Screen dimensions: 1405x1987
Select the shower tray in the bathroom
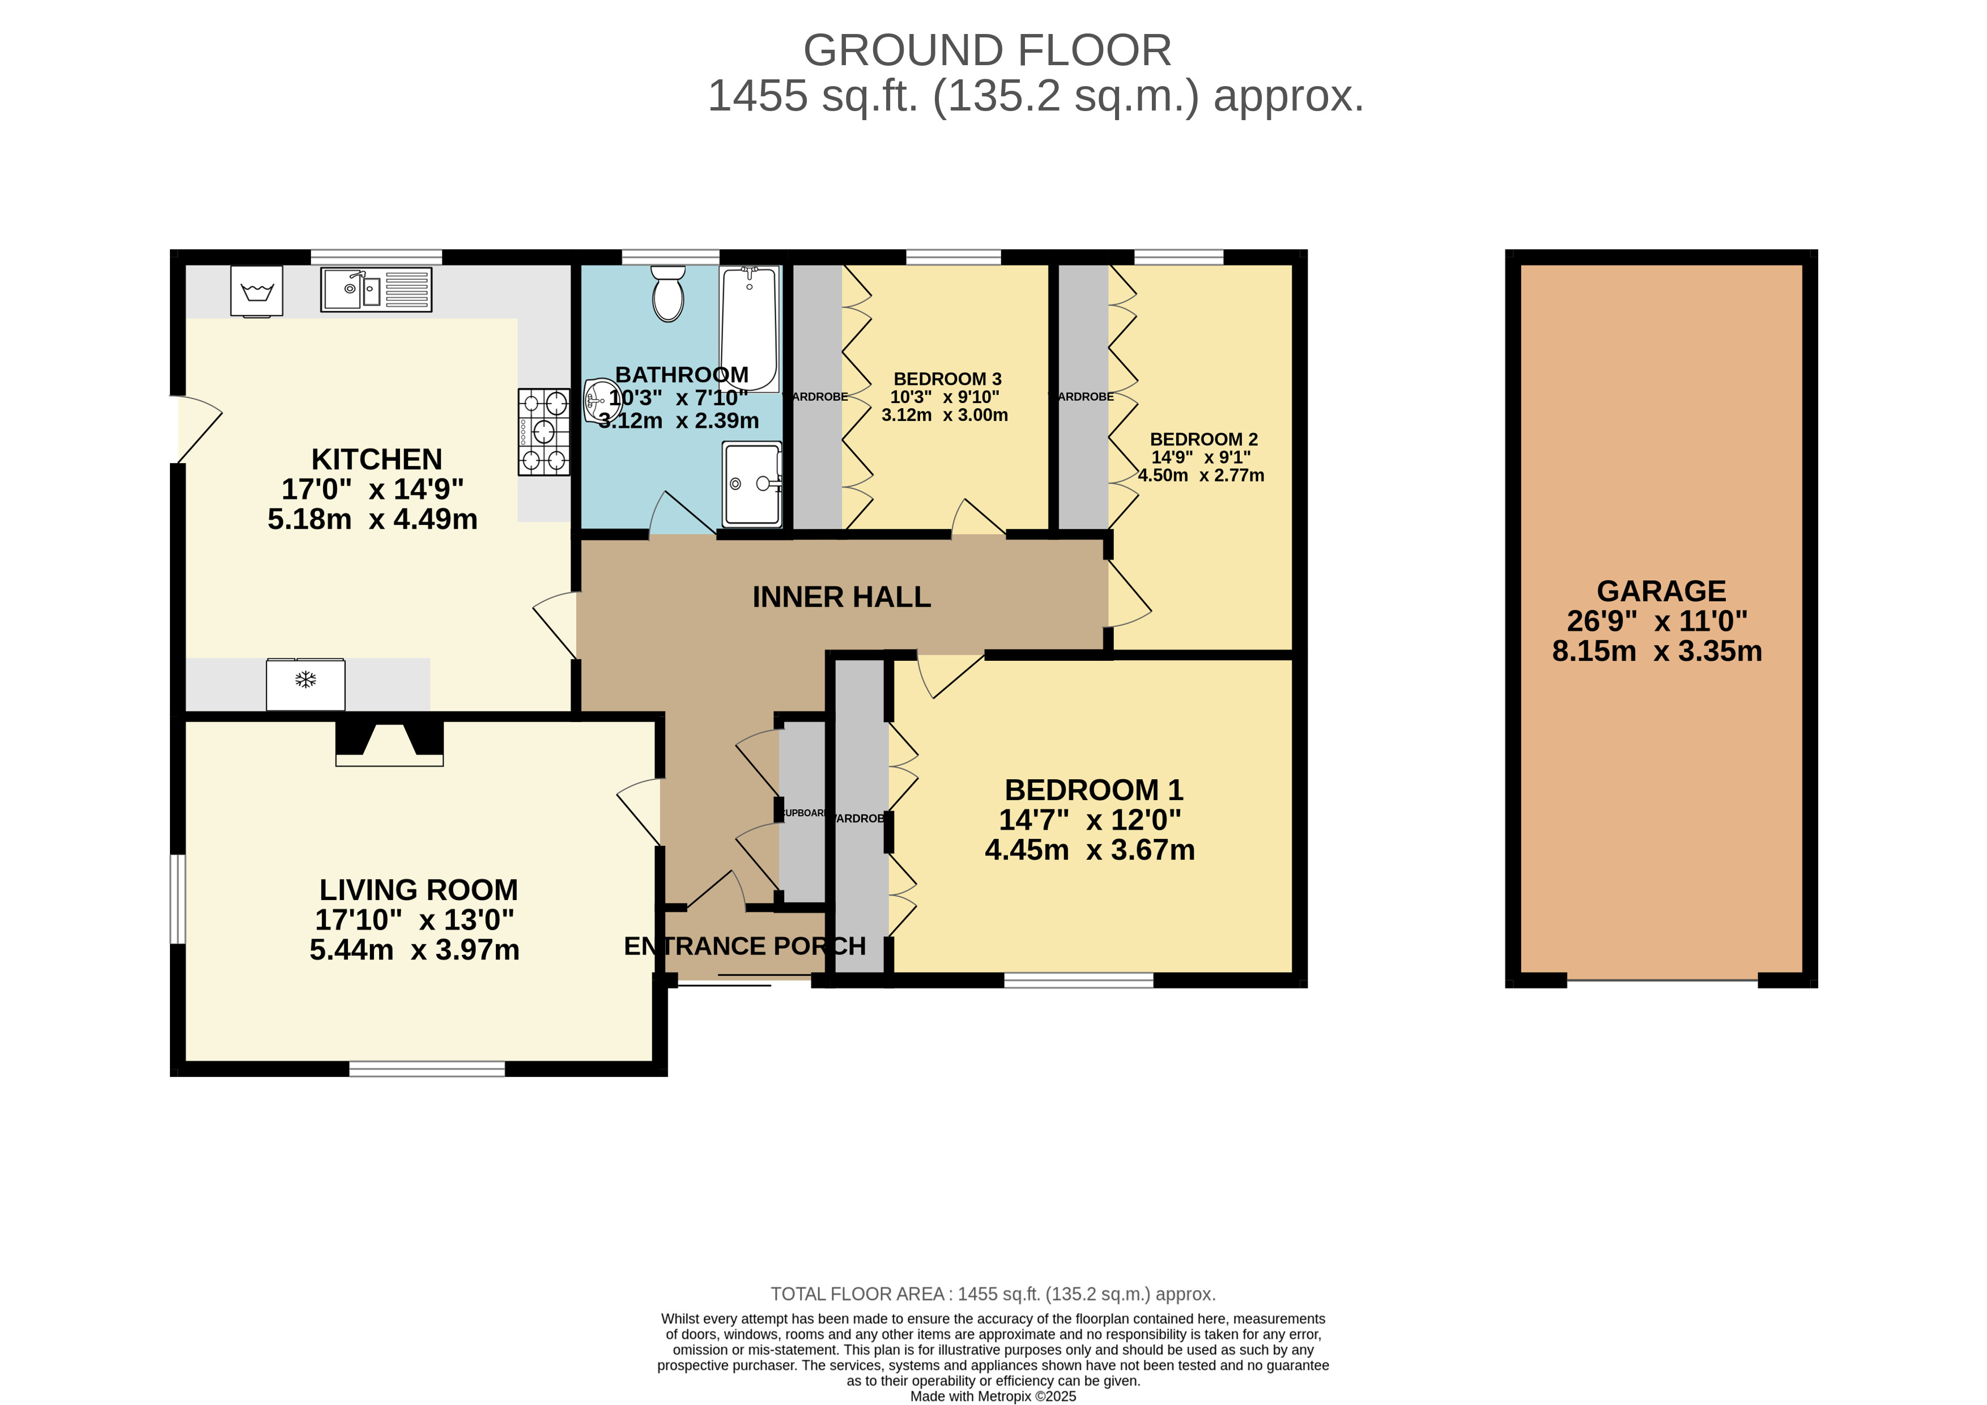(x=752, y=484)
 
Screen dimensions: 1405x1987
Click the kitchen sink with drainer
(x=376, y=289)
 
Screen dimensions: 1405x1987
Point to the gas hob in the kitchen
(x=543, y=431)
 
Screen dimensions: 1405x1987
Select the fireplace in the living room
(x=389, y=743)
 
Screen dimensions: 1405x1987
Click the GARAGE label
(x=1660, y=591)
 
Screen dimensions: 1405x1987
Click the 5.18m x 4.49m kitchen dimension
(x=372, y=519)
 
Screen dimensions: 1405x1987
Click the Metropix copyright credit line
(x=993, y=1395)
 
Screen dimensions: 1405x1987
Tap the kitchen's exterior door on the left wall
(x=197, y=430)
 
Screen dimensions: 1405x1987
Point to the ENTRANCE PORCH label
(x=744, y=946)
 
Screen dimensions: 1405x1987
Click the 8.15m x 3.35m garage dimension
(x=1657, y=651)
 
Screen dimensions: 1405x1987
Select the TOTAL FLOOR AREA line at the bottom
(x=993, y=1293)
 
